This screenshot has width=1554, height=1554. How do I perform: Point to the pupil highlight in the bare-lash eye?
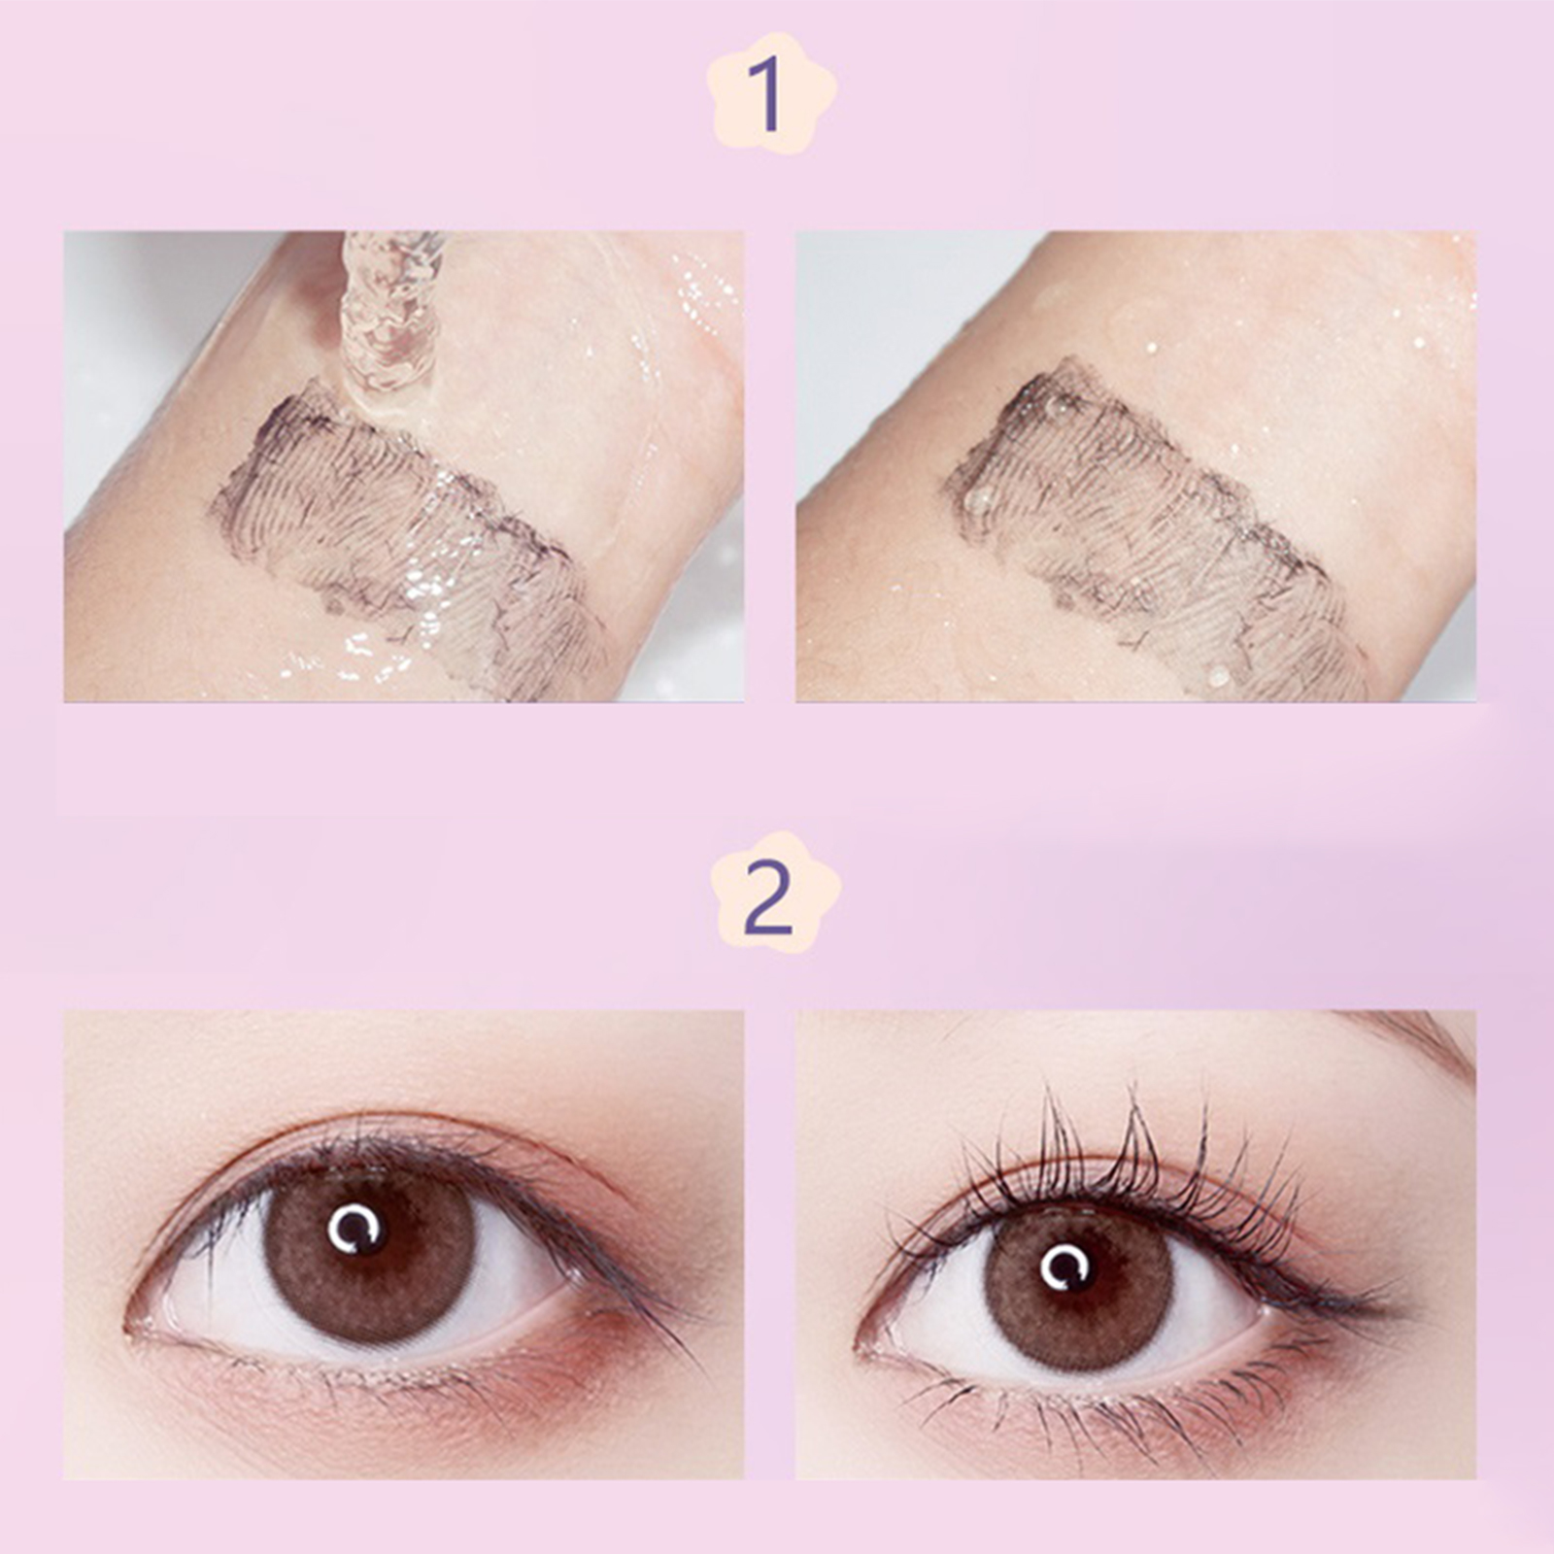pyautogui.click(x=356, y=1230)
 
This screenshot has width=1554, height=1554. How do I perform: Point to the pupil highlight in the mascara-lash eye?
pyautogui.click(x=1066, y=1267)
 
